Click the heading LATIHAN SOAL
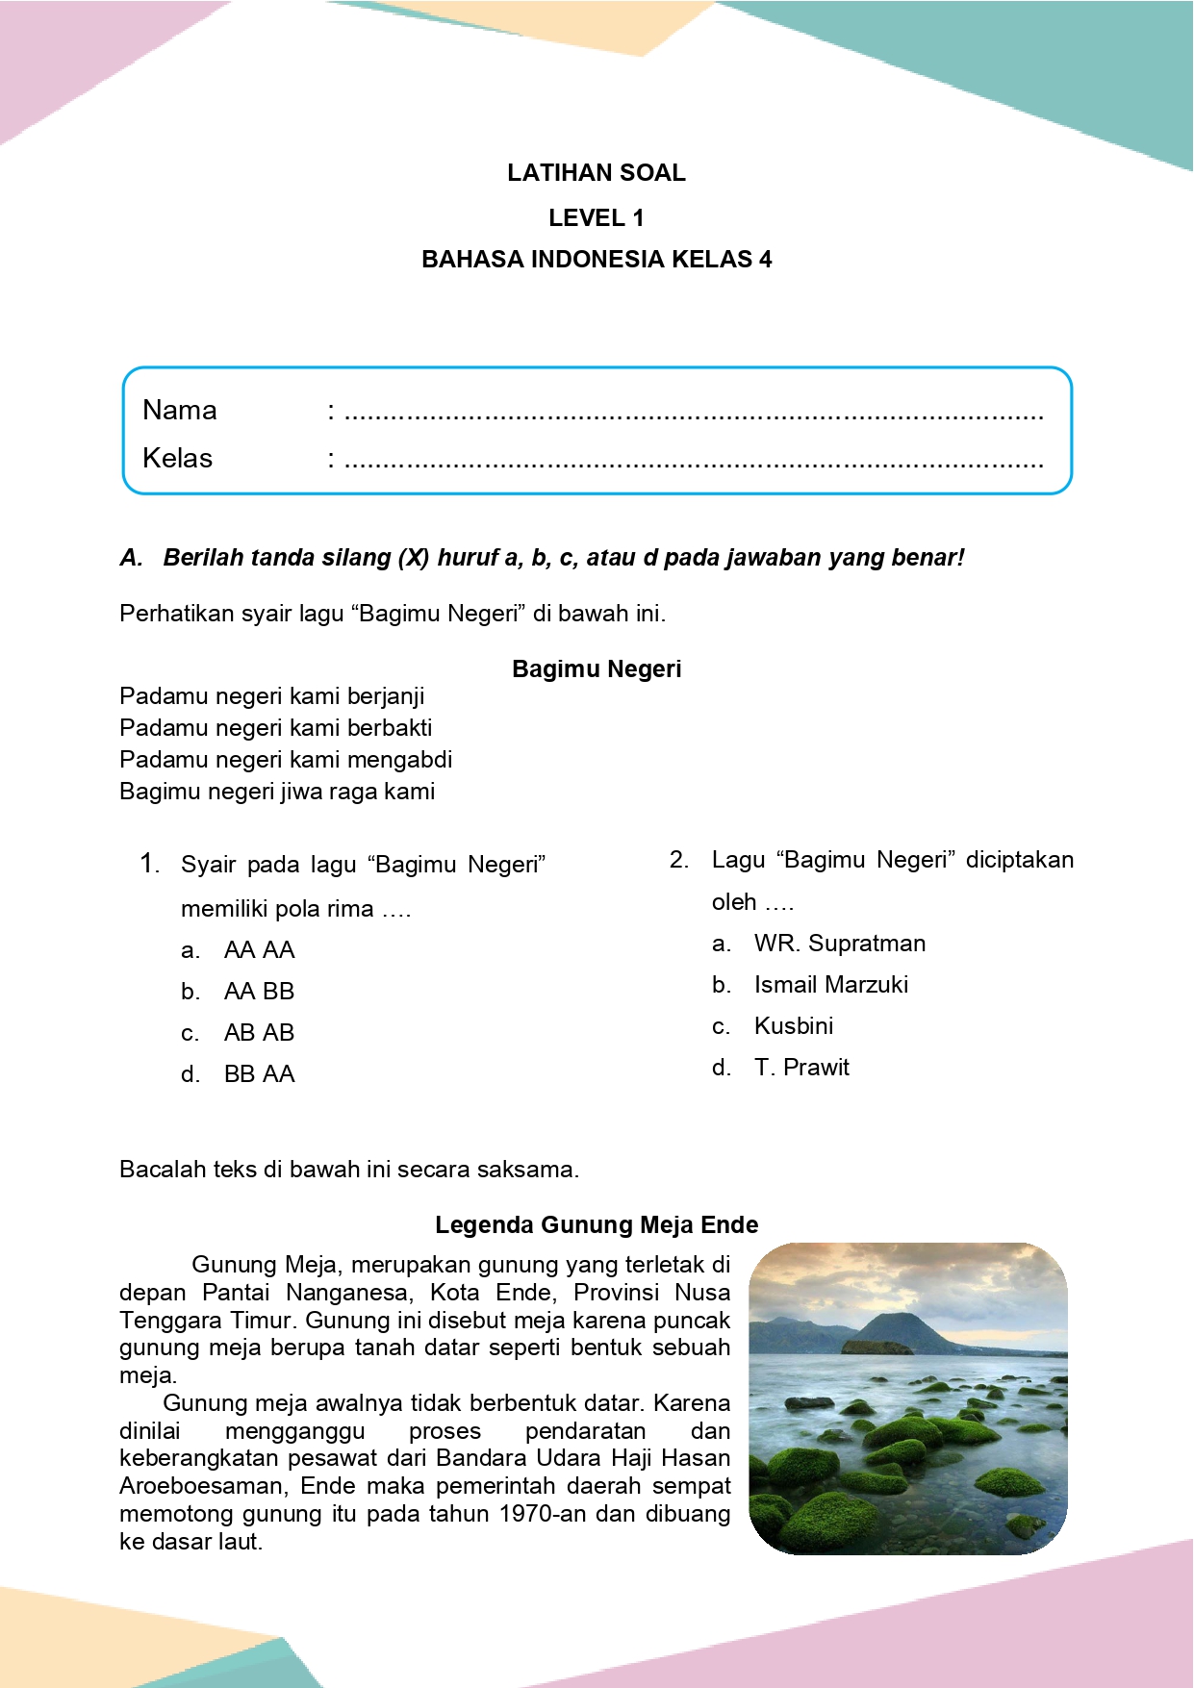(597, 173)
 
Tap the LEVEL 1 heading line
(597, 218)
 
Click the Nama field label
(180, 411)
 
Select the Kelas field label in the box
(178, 458)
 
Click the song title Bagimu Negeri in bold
(597, 669)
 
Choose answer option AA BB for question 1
(259, 992)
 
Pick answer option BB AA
(259, 1074)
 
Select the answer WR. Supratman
(839, 944)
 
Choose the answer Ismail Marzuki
(830, 985)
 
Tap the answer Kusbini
(794, 1026)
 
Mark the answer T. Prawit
(801, 1068)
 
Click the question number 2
(679, 860)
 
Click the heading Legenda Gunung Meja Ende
(597, 1225)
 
